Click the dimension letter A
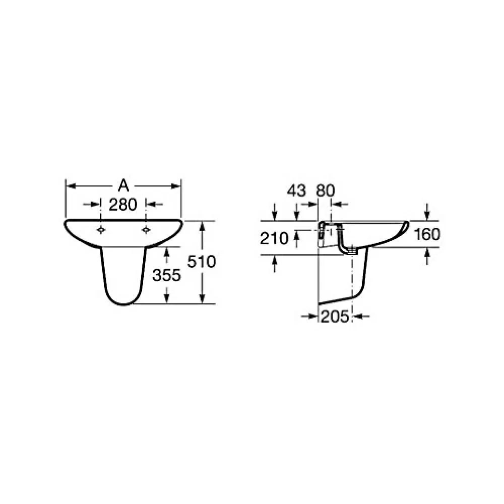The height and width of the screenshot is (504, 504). coord(123,186)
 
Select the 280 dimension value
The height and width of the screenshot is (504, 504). coord(123,205)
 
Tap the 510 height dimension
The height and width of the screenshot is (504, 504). coord(202,262)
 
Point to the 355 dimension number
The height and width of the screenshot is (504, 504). coord(167,276)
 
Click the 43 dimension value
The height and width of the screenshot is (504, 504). coord(296,191)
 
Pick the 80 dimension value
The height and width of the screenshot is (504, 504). coord(325,191)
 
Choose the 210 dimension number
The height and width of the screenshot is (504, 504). coord(274,238)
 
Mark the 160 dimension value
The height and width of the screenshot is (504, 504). coord(427,234)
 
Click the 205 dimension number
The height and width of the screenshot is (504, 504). coord(335,317)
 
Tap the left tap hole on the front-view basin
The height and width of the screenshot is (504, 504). coord(101,229)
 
